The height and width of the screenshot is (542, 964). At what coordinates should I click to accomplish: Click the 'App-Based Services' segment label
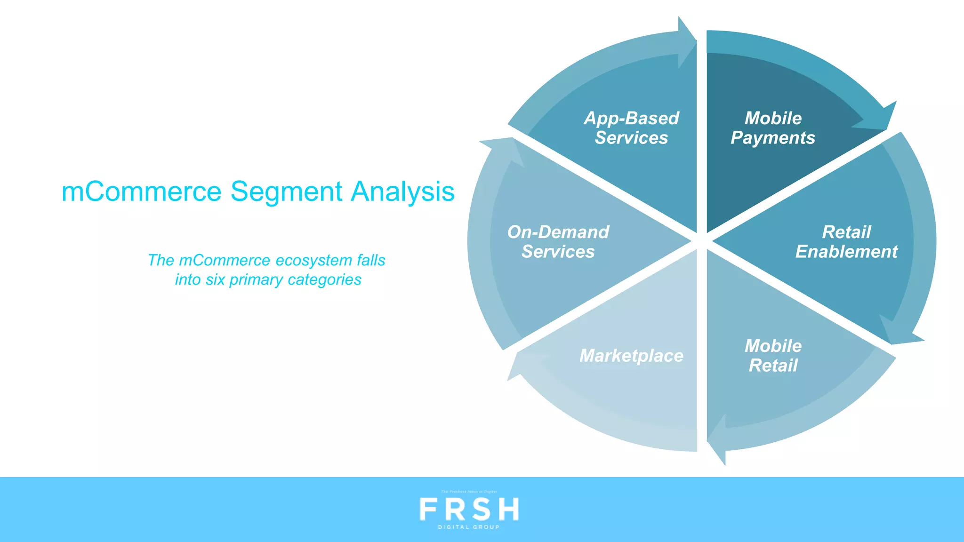click(x=631, y=128)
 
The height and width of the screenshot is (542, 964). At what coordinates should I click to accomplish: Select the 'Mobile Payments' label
click(x=773, y=128)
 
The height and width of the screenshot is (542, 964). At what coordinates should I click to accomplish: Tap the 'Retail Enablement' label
click(x=846, y=242)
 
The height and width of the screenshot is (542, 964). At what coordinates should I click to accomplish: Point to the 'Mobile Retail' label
click(x=773, y=356)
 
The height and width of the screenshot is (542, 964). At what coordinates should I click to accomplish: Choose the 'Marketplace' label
click(x=631, y=356)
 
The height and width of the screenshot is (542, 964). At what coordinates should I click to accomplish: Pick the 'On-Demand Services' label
click(x=558, y=242)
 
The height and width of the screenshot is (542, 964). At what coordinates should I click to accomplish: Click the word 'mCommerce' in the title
click(x=141, y=192)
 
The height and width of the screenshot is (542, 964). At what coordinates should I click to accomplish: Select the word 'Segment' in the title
click(x=286, y=192)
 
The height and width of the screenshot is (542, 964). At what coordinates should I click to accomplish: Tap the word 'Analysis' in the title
click(x=403, y=192)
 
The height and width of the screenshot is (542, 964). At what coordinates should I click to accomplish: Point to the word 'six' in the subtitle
click(x=215, y=279)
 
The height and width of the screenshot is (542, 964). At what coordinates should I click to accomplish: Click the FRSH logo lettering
click(x=469, y=509)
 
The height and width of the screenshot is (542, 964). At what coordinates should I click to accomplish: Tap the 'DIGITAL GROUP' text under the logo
click(x=469, y=527)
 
